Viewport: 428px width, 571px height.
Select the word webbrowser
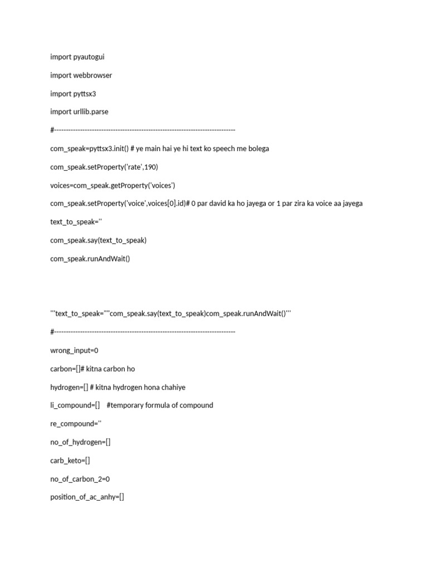click(93, 75)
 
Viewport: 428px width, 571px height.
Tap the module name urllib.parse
click(91, 112)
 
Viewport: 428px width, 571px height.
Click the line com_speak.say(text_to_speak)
click(98, 240)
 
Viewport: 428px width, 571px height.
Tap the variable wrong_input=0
click(74, 350)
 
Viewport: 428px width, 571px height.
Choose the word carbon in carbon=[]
click(62, 369)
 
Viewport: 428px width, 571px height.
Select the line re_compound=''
click(76, 424)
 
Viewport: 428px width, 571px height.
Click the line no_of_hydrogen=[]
click(80, 442)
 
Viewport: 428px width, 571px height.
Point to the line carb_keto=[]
click(70, 461)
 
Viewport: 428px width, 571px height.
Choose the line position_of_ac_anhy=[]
click(87, 497)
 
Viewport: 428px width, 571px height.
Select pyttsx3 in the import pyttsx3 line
click(85, 94)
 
